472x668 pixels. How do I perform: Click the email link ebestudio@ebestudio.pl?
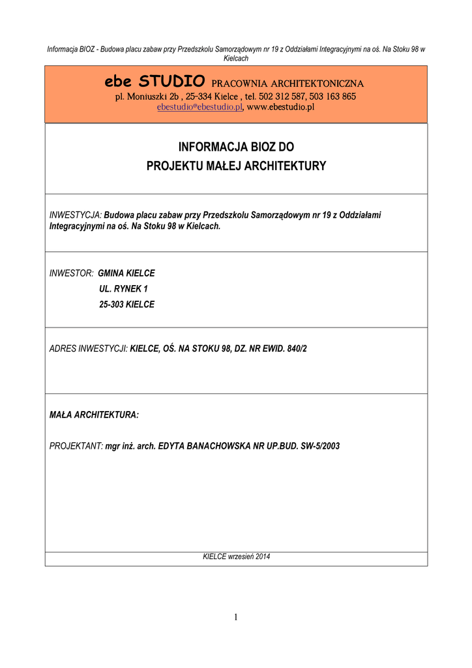[199, 107]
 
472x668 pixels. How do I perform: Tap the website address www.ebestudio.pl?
[280, 107]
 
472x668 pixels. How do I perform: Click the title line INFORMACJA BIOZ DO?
[236, 147]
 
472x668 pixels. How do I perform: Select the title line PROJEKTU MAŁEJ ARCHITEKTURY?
[236, 166]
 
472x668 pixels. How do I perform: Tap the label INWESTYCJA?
[76, 215]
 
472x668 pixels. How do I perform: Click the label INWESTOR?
[72, 273]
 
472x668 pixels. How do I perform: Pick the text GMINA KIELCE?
[126, 273]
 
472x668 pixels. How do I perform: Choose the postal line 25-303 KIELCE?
[126, 305]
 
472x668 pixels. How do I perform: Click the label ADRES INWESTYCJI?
[89, 349]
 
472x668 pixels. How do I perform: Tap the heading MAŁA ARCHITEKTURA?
[94, 415]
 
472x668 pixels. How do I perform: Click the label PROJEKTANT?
[76, 447]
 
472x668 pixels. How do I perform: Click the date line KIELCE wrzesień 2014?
[236, 557]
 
